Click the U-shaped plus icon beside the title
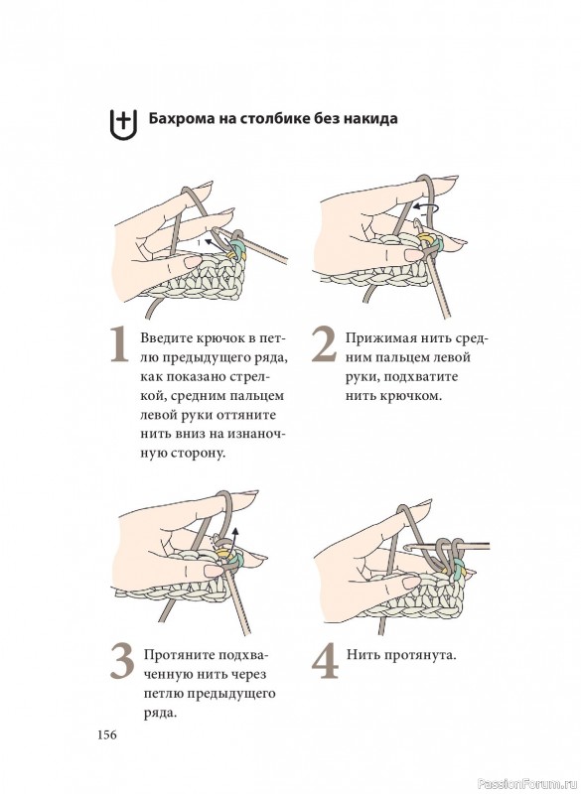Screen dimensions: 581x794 pos(123,123)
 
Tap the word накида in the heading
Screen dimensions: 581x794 pos(371,120)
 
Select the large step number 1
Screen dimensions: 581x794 pos(119,344)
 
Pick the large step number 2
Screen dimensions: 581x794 pos(324,344)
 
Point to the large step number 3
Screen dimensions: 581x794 pos(122,661)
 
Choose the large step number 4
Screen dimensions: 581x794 pos(325,661)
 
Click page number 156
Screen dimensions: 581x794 pos(107,734)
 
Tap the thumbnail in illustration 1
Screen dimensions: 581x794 pos(192,262)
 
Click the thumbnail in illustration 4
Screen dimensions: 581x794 pos(412,583)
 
